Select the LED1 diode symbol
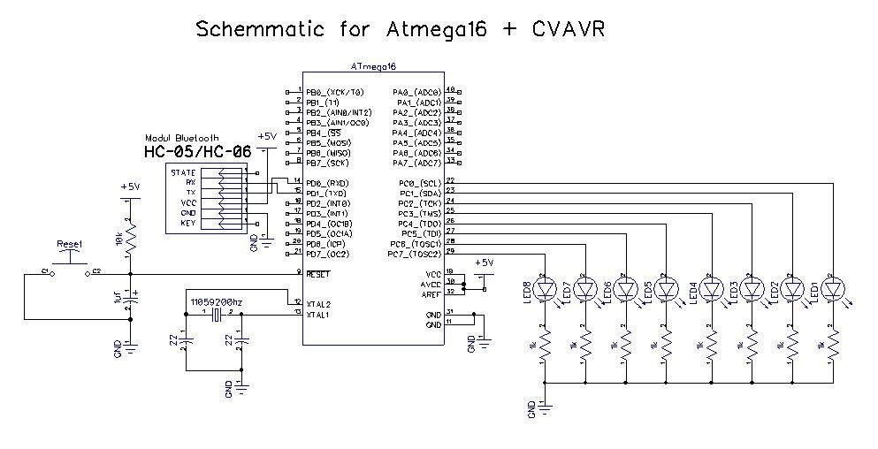pos(833,288)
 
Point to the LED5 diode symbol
pos(668,288)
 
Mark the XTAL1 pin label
pos(318,314)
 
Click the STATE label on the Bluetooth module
pos(183,172)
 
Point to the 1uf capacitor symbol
pos(130,301)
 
